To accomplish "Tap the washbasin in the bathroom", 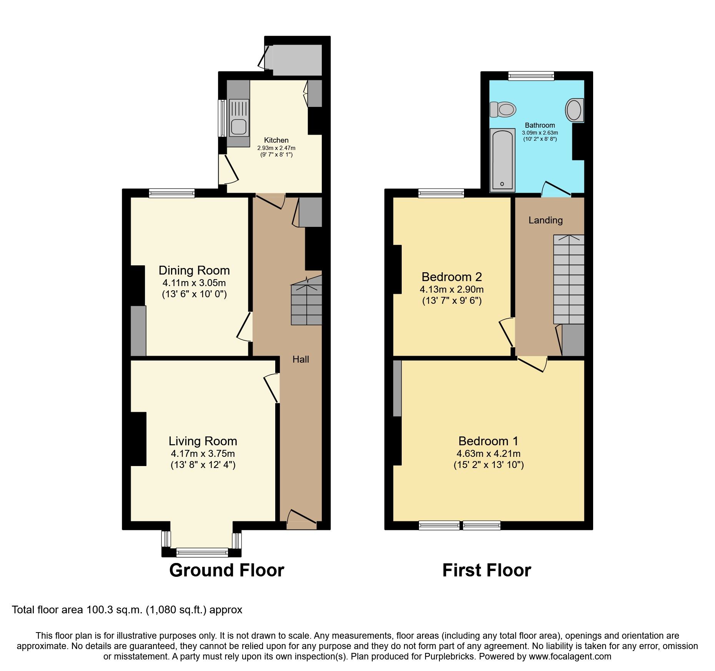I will click(x=574, y=110).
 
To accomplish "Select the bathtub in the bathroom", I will click(x=502, y=160).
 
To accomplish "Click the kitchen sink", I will click(x=239, y=127).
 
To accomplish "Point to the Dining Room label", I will click(x=194, y=270).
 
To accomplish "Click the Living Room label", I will click(x=203, y=441).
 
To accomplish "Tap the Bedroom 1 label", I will click(x=488, y=441).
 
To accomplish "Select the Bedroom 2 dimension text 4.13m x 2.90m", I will click(x=452, y=289).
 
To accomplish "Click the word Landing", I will click(x=545, y=220).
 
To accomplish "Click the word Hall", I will click(x=301, y=360).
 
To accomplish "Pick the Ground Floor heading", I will click(x=226, y=570).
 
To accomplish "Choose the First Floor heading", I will click(x=486, y=570).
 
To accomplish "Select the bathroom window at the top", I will click(x=531, y=76).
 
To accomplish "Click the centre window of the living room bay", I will click(x=202, y=553).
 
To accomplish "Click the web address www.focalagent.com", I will click(x=570, y=657).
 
